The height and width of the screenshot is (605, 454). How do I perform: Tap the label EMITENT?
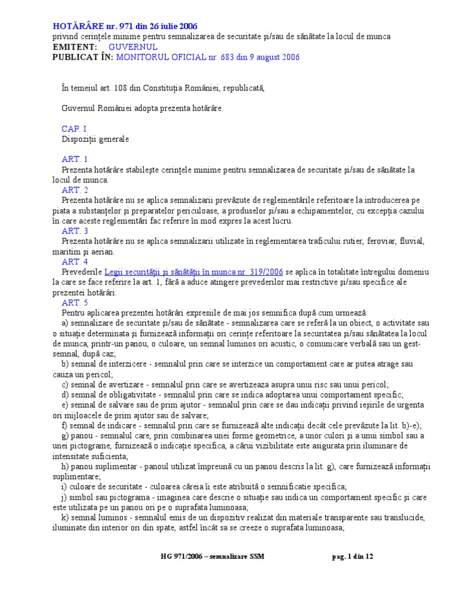click(x=74, y=47)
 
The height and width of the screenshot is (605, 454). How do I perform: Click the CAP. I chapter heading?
click(x=74, y=129)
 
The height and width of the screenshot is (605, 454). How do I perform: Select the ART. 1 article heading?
click(x=74, y=160)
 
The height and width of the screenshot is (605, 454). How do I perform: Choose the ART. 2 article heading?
click(x=74, y=190)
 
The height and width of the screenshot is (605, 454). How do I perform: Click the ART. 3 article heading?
click(x=74, y=231)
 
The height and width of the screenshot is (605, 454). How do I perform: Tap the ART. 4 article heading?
click(x=74, y=262)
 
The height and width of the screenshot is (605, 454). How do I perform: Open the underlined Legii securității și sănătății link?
click(x=194, y=272)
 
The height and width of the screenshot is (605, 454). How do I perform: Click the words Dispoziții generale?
click(x=95, y=139)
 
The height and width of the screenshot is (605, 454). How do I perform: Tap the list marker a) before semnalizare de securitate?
click(x=65, y=323)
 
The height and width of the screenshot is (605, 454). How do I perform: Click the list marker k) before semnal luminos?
click(x=65, y=518)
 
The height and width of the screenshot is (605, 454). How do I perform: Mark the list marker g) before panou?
click(x=65, y=435)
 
